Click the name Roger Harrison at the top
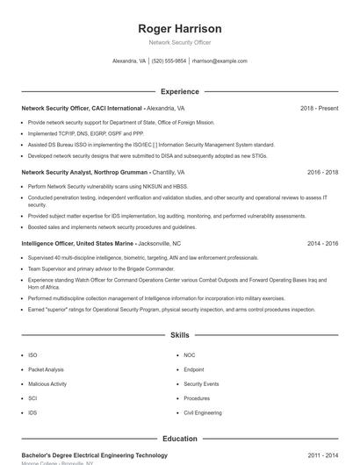pos(180,29)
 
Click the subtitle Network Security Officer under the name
pos(180,42)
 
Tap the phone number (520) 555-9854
pos(169,61)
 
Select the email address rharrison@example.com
pos(220,61)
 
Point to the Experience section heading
pos(179,91)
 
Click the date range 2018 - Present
pos(319,108)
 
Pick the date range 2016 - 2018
pos(320,173)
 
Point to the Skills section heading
pos(179,335)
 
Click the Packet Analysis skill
pos(46,369)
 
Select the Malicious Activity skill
pos(47,383)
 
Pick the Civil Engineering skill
pos(203,411)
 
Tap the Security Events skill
pos(201,383)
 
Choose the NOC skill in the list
pos(190,355)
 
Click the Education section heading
pos(179,439)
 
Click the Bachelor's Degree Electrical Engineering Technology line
pos(94,455)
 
